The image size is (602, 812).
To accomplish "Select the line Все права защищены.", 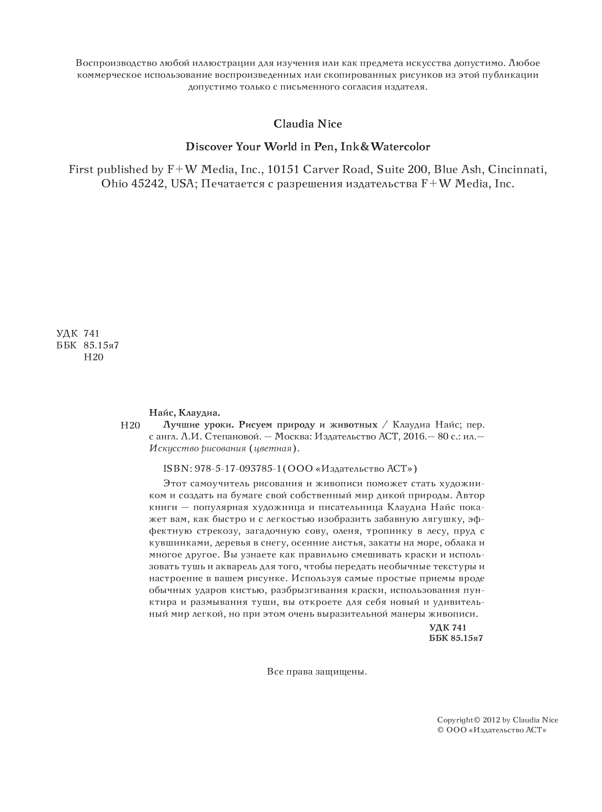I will click(317, 672).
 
